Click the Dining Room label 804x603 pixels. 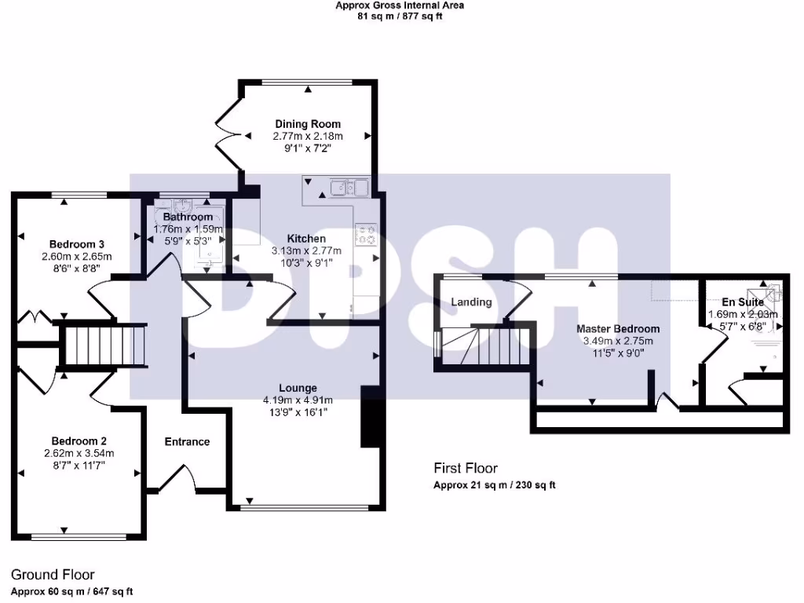tap(308, 124)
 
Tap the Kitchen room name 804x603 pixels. tap(305, 239)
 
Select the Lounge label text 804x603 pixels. tap(298, 388)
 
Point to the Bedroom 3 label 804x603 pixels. tap(77, 243)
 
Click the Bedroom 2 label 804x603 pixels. tap(79, 440)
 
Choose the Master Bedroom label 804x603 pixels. tap(618, 329)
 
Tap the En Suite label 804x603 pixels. tap(743, 302)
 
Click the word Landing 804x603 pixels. tap(471, 302)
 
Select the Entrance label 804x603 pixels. tap(187, 442)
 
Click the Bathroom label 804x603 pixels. tap(188, 217)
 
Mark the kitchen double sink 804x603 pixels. tap(349, 188)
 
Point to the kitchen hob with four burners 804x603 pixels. tap(366, 234)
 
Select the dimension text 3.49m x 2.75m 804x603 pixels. tap(618, 341)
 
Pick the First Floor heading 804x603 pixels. tap(466, 469)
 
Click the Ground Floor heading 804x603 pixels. tap(53, 576)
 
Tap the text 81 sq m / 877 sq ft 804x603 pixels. tap(400, 16)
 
